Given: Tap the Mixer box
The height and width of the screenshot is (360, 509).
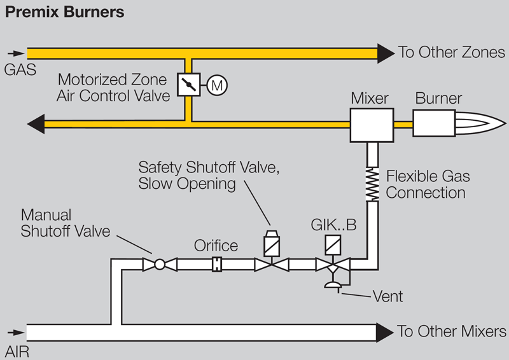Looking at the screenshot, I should pyautogui.click(x=370, y=124).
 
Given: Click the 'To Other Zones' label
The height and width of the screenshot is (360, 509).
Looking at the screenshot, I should pyautogui.click(x=451, y=52).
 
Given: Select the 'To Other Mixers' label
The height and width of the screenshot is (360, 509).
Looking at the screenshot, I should pyautogui.click(x=452, y=332).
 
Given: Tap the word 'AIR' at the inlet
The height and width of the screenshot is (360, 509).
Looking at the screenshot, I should pyautogui.click(x=17, y=349).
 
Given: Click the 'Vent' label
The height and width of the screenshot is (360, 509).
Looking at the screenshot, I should pyautogui.click(x=389, y=296).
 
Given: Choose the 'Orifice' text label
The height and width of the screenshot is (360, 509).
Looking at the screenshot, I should pyautogui.click(x=217, y=246).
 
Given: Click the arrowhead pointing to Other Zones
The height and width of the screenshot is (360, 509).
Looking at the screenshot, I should pyautogui.click(x=386, y=52).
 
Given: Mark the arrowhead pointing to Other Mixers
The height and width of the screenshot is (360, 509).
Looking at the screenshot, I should pyautogui.click(x=386, y=331).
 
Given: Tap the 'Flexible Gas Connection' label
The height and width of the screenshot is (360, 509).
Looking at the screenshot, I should pyautogui.click(x=426, y=184).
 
